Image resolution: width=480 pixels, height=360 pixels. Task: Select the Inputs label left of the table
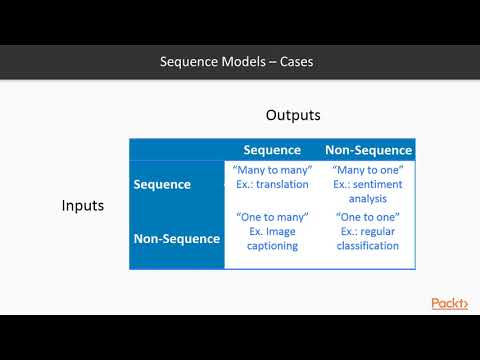tap(83, 206)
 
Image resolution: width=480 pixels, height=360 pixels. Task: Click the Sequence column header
tap(272, 150)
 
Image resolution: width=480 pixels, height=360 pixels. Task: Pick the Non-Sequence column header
tap(368, 150)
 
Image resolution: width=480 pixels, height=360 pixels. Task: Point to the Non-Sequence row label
tap(176, 239)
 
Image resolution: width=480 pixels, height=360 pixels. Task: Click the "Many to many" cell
tap(272, 177)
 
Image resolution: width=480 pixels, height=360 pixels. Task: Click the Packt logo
tap(449, 303)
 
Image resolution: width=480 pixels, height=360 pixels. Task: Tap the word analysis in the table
tap(368, 198)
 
